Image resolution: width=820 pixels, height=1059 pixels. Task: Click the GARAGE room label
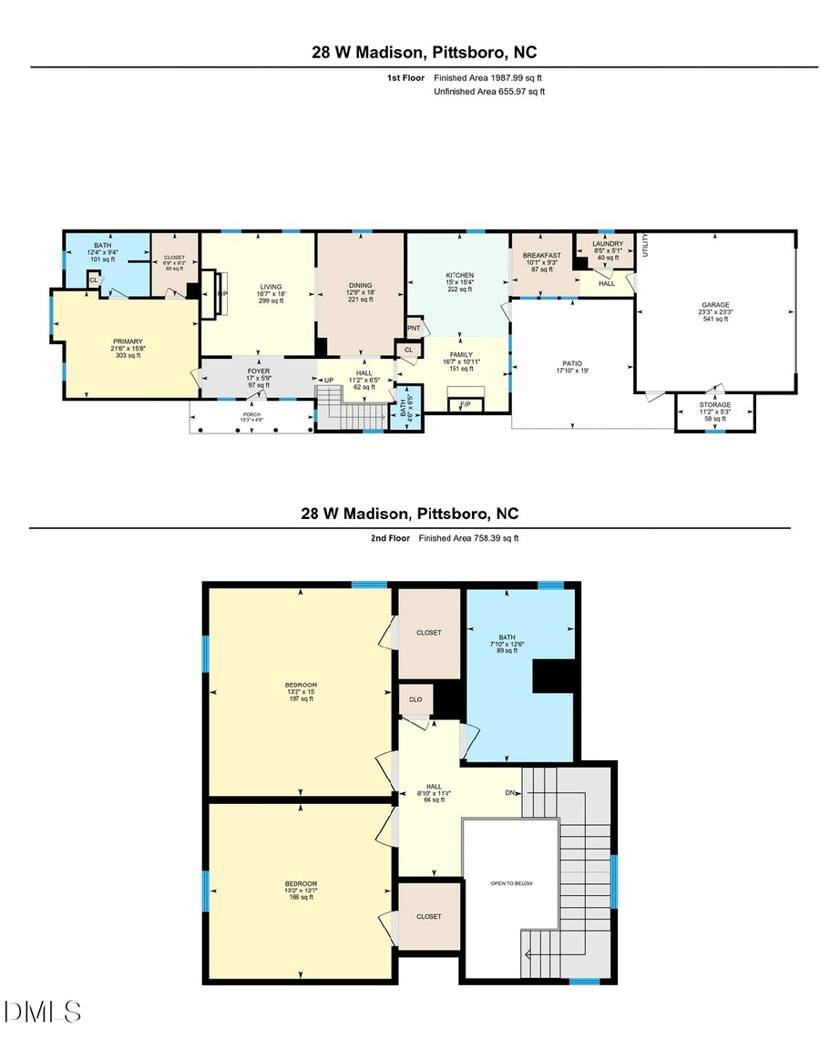point(714,305)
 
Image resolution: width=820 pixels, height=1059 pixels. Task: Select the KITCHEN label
point(459,275)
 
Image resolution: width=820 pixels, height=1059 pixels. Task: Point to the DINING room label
point(360,285)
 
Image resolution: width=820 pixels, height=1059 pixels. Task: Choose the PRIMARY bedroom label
point(128,341)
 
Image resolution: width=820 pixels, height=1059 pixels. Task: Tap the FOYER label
point(259,371)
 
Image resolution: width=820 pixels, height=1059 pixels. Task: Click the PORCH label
point(251,414)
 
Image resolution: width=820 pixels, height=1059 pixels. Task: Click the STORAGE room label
point(714,404)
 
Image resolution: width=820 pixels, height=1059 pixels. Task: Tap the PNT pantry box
point(414,328)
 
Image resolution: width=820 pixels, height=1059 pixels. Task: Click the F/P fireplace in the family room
point(465,404)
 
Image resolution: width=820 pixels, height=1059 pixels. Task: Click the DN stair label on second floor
point(511,792)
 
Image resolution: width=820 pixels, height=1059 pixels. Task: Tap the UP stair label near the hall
point(329,380)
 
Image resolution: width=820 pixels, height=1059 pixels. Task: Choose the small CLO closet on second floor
point(415,700)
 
